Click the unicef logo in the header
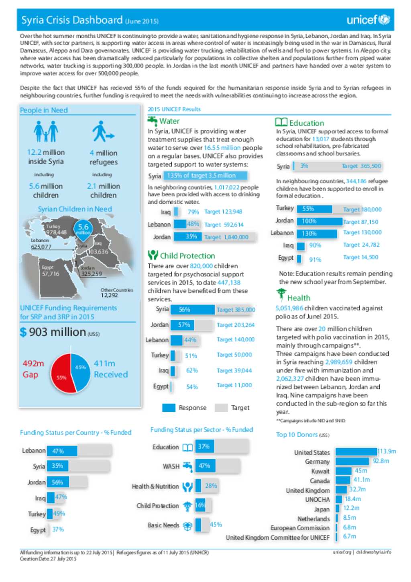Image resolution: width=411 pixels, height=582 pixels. (x=368, y=20)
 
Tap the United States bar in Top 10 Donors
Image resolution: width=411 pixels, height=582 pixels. (x=356, y=452)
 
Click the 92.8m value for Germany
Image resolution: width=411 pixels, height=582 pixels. (x=381, y=461)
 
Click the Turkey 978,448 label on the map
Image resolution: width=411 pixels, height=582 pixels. (x=56, y=230)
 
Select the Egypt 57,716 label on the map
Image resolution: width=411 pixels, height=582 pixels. (x=50, y=271)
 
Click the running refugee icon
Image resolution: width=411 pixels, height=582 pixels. (x=103, y=132)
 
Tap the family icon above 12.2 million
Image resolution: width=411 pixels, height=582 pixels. (x=45, y=132)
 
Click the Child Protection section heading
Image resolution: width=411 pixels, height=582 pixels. (x=187, y=256)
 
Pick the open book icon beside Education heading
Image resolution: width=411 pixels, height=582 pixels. (x=281, y=123)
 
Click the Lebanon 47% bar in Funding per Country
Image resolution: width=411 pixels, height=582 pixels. (x=62, y=451)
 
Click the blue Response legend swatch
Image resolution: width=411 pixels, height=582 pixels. (x=169, y=408)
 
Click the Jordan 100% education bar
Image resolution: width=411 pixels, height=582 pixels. (x=319, y=221)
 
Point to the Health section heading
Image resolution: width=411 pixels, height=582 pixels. (x=298, y=298)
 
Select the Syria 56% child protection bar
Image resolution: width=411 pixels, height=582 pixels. (x=192, y=310)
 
